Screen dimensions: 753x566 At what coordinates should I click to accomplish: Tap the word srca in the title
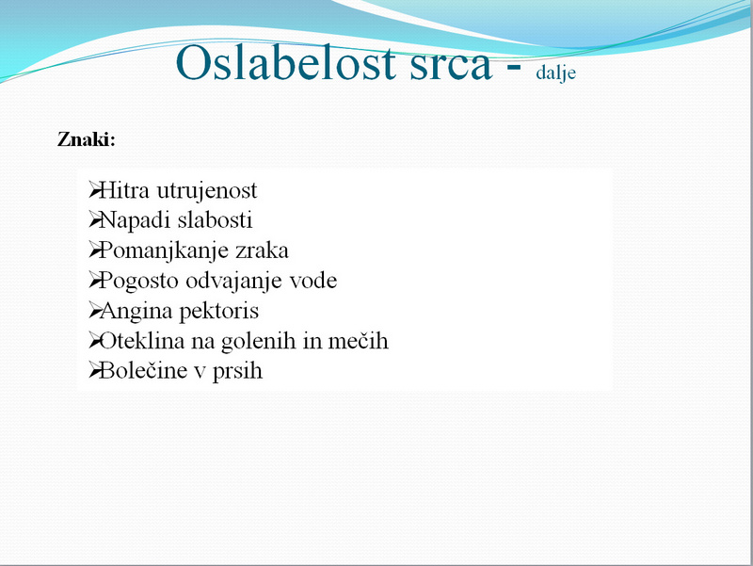pyautogui.click(x=451, y=66)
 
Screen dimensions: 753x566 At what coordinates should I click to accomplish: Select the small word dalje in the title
pyautogui.click(x=555, y=73)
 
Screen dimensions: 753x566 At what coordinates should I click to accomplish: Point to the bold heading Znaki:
pyautogui.click(x=87, y=139)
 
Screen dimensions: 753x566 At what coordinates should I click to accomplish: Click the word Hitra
pyautogui.click(x=124, y=190)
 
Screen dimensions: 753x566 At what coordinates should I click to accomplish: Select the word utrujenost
pyautogui.click(x=207, y=191)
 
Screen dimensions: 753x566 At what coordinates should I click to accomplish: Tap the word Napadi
pyautogui.click(x=135, y=221)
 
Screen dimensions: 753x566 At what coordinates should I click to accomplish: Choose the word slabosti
pyautogui.click(x=216, y=220)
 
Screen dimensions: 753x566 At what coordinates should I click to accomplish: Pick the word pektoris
pyautogui.click(x=219, y=312)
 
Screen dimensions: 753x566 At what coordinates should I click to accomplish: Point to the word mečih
pyautogui.click(x=358, y=341)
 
